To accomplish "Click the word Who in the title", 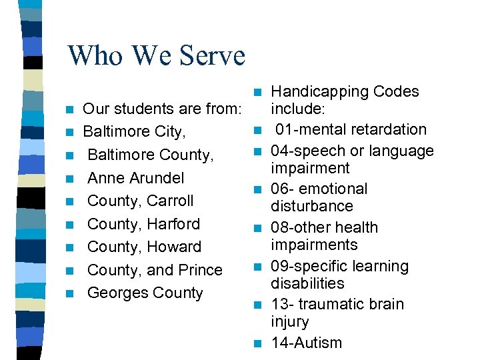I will pos(97,55).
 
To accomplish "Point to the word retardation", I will pos(392,129).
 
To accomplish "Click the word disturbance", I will pos(311,206).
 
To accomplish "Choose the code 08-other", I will pos(301,227).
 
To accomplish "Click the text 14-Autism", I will pos(306,343).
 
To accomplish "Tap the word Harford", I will pos(173,224).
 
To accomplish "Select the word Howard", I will pos(174,247).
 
